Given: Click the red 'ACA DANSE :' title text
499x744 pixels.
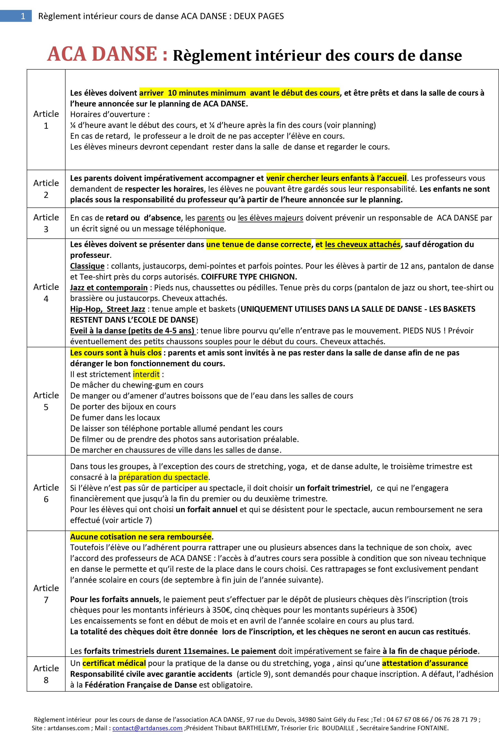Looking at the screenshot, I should [x=107, y=54].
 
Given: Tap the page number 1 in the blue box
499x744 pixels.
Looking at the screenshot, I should [x=23, y=16].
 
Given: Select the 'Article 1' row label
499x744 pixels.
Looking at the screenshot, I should [x=46, y=120].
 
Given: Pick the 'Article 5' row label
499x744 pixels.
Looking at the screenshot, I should [x=46, y=401].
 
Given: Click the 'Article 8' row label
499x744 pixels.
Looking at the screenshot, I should [x=46, y=674].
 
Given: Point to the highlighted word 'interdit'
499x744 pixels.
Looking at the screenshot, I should [x=146, y=374].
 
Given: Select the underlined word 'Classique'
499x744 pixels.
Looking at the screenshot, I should [x=87, y=266].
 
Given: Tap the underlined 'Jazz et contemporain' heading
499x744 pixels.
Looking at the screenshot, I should [x=109, y=288].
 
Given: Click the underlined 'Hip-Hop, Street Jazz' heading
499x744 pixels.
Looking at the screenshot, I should [x=108, y=309].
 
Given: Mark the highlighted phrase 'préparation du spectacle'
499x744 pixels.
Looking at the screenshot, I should [x=163, y=477].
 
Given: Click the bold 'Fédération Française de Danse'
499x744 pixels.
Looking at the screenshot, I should [x=141, y=685].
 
